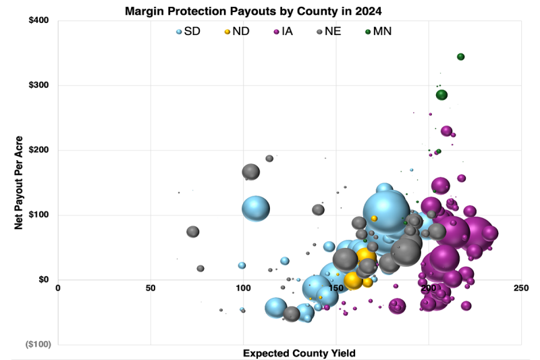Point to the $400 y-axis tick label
pyautogui.click(x=38, y=20)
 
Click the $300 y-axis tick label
pyautogui.click(x=38, y=85)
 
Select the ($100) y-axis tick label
pyautogui.click(x=37, y=344)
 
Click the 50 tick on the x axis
pyautogui.click(x=151, y=288)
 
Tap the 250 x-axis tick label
pyautogui.click(x=520, y=288)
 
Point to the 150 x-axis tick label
pyautogui.click(x=335, y=288)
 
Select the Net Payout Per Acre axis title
pyautogui.click(x=20, y=182)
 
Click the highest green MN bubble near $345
pyautogui.click(x=460, y=57)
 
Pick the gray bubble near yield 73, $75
pyautogui.click(x=193, y=232)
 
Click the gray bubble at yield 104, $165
pyautogui.click(x=251, y=172)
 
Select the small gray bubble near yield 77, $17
pyautogui.click(x=200, y=269)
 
